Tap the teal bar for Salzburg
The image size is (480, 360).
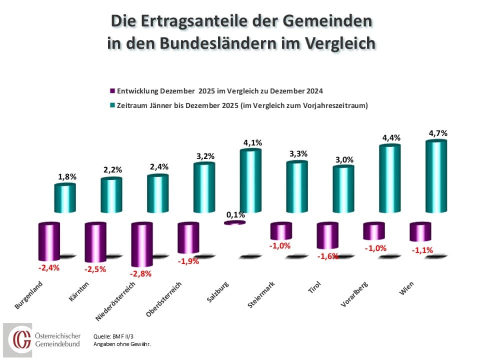click(250, 180)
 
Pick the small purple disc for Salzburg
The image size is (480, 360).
click(234, 222)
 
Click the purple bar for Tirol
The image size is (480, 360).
click(327, 236)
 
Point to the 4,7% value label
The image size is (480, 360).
click(437, 133)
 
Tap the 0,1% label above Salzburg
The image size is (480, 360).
click(235, 214)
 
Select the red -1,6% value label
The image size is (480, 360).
click(327, 256)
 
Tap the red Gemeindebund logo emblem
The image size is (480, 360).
click(21, 339)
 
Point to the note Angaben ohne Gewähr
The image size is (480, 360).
click(122, 344)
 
